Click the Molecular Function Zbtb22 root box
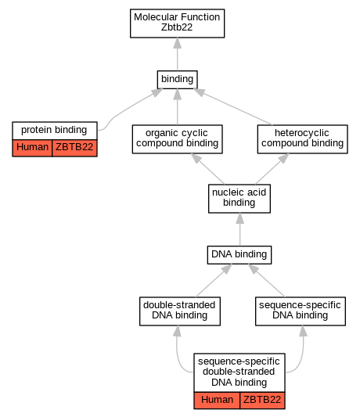coord(177,23)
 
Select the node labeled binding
coord(177,80)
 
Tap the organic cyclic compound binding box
coord(177,139)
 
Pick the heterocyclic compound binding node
coord(303,139)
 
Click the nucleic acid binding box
coord(239,199)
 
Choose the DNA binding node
coord(239,255)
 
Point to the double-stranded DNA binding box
coord(180,311)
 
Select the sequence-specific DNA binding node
coord(301,311)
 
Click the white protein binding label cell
coord(55,131)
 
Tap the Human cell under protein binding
coord(32,148)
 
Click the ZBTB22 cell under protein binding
coord(74,148)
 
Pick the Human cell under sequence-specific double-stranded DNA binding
coord(217,401)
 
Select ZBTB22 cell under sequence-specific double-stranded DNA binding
coord(262,401)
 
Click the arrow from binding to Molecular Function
coord(177,54)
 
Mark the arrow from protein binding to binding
coord(125,110)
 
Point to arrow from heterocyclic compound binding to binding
coord(233,106)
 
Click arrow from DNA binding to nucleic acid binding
coord(239,229)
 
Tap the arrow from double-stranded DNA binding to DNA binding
coord(214,281)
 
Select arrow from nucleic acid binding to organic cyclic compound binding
coord(207,169)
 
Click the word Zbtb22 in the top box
coord(177,27)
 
